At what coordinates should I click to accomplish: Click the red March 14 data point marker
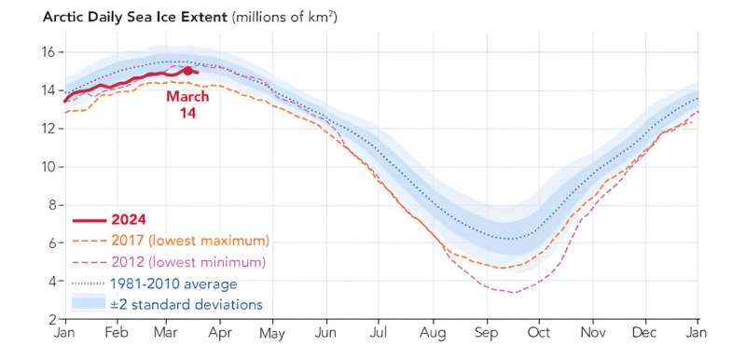(187, 70)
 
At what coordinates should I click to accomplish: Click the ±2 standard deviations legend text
(186, 304)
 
